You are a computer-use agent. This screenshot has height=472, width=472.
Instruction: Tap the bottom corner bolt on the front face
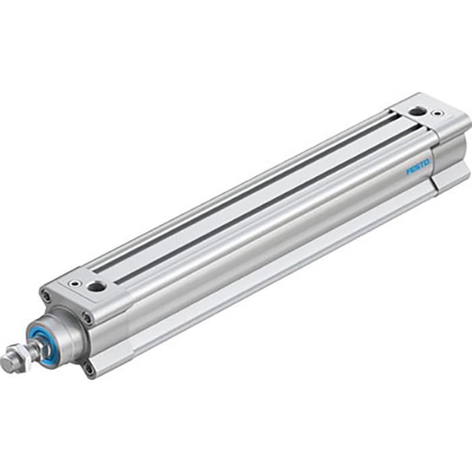[89, 367]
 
